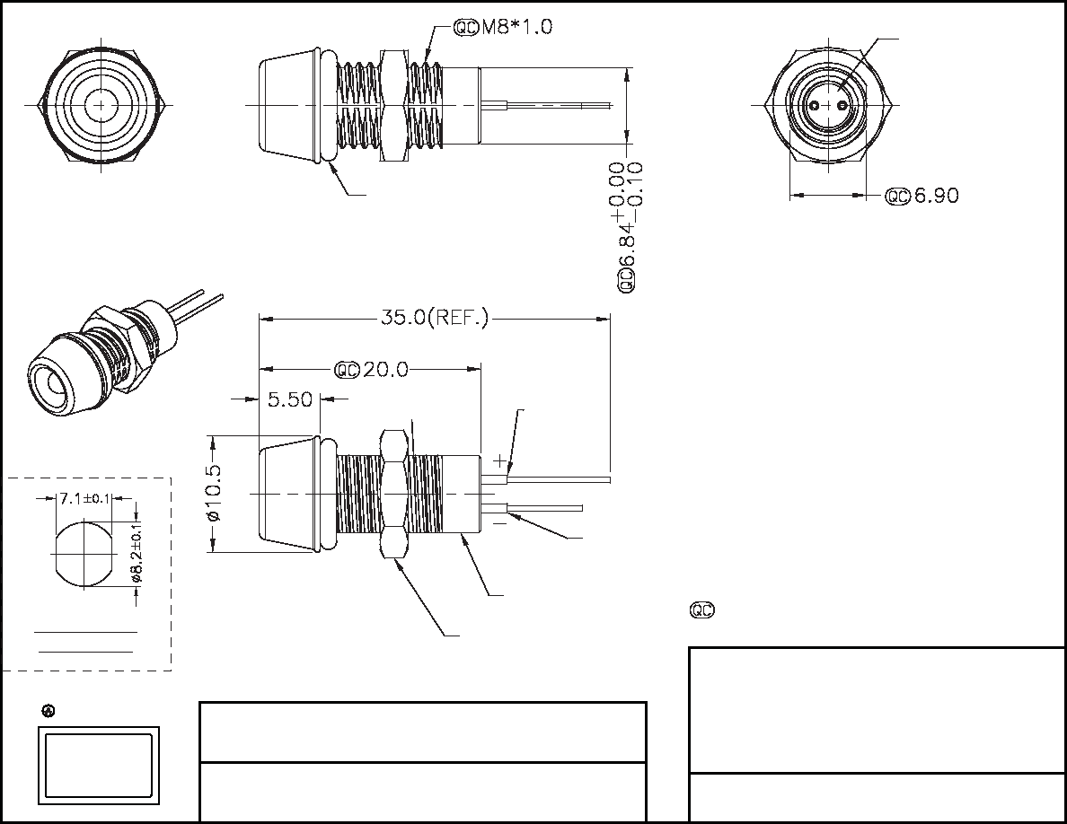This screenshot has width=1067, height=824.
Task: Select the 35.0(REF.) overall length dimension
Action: pyautogui.click(x=434, y=318)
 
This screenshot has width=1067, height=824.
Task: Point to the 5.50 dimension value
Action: pyautogui.click(x=289, y=399)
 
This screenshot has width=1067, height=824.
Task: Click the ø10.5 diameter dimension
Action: pyautogui.click(x=214, y=493)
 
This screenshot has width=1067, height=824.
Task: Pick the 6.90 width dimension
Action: pyautogui.click(x=936, y=196)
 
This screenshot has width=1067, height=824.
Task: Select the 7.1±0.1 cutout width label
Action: pyautogui.click(x=84, y=499)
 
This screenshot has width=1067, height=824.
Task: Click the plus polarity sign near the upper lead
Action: pyautogui.click(x=499, y=460)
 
